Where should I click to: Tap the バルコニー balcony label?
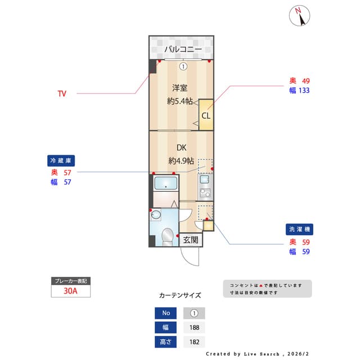point(183,50)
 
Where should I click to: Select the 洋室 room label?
point(180,88)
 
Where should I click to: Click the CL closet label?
point(206,116)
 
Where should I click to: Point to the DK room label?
point(181,148)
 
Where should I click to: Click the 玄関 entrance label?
point(191,240)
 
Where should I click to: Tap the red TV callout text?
point(62,93)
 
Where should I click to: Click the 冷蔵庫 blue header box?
point(60,160)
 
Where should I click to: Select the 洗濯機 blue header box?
point(299,229)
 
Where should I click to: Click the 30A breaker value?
point(70,291)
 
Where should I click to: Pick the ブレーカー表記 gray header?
point(70,281)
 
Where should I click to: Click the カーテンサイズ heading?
point(180,295)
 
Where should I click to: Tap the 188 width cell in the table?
point(193,327)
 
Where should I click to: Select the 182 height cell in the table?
point(193,341)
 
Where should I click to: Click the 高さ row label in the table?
point(165,341)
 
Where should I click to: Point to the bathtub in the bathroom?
point(165,183)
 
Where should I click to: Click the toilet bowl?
point(167,236)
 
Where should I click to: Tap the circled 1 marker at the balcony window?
point(183,66)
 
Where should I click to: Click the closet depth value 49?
point(306,80)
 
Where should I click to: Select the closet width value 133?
point(304,90)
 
